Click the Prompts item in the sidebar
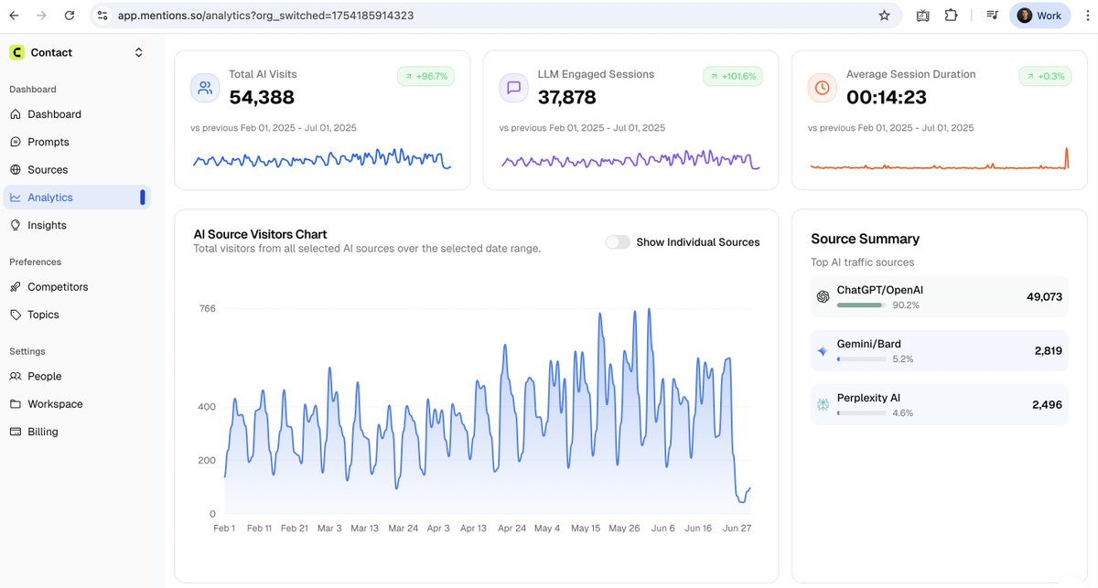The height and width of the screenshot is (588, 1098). pos(48,142)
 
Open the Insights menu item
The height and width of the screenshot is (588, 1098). pos(47,225)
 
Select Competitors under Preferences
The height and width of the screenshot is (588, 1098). pos(58,286)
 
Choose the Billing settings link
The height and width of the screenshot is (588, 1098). pos(42,432)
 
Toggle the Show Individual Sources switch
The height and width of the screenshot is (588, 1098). pos(618,242)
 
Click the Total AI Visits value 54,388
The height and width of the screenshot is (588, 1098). pos(262,97)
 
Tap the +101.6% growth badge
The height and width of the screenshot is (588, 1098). pos(732,77)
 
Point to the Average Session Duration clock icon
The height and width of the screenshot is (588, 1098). pos(822,88)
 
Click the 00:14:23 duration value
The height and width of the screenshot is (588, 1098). pos(887,97)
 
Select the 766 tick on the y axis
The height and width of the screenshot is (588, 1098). pos(208,309)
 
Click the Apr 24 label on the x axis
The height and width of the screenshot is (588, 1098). pos(511,529)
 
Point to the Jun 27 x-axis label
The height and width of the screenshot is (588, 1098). pos(737,529)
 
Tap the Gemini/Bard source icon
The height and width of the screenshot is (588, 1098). pos(823,351)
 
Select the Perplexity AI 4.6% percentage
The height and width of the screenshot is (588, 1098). pos(902,413)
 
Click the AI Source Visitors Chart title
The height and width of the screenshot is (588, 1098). pos(260,234)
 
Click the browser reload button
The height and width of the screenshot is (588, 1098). pos(70,16)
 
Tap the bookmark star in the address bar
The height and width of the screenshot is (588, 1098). pos(884,16)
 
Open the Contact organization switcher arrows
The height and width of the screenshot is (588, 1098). pos(139,53)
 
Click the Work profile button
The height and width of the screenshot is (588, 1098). pos(1039,16)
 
